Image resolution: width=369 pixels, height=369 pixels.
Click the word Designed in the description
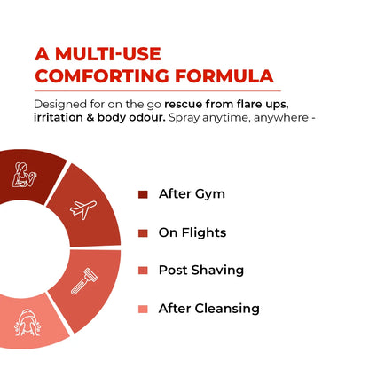pyautogui.click(x=63, y=103)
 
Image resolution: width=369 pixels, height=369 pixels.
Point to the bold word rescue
pyautogui.click(x=190, y=103)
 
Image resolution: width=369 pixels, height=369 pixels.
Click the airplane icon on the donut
pyautogui.click(x=83, y=209)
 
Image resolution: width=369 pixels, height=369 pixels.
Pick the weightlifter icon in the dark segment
pyautogui.click(x=25, y=175)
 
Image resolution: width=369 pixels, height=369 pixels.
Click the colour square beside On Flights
pyautogui.click(x=143, y=233)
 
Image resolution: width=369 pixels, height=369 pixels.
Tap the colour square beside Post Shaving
pyautogui.click(x=143, y=271)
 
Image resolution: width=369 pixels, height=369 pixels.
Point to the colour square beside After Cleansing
pyautogui.click(x=143, y=309)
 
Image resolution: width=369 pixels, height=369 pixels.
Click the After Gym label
pyautogui.click(x=191, y=194)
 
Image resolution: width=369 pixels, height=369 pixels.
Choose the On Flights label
pyautogui.click(x=192, y=232)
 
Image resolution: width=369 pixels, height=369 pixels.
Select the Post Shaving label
pyautogui.click(x=200, y=271)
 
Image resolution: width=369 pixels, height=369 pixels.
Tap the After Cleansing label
pyautogui.click(x=208, y=309)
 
